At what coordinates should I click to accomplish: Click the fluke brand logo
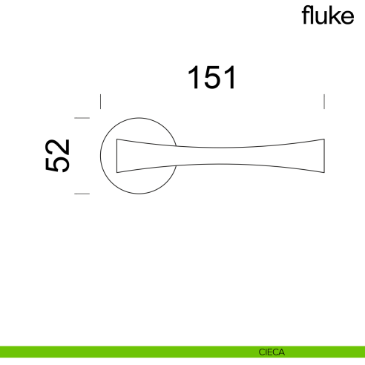(x=328, y=16)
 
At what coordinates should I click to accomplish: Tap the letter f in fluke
(x=305, y=15)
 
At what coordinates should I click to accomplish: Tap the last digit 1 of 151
(x=230, y=78)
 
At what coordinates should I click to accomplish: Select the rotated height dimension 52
(x=58, y=156)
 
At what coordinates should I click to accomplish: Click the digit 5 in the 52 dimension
(x=58, y=165)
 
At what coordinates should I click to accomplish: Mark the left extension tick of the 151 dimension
(x=100, y=102)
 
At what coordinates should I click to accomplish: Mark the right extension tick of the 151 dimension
(x=324, y=102)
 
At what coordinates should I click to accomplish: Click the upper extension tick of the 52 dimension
(x=82, y=118)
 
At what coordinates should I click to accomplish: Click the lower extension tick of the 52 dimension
(x=82, y=194)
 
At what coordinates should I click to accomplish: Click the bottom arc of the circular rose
(x=139, y=193)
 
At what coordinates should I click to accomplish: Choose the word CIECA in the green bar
(x=272, y=352)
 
